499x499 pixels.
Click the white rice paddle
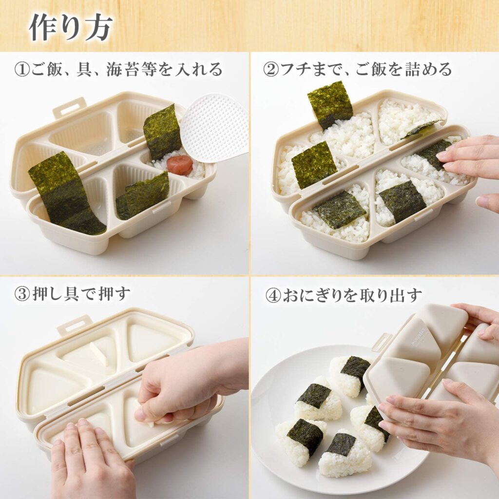pos(215,128)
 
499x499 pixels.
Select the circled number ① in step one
pos(21,69)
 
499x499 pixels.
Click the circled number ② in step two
pos(270,69)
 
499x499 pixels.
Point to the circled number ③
pos(21,294)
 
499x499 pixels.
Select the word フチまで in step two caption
pos(307,69)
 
